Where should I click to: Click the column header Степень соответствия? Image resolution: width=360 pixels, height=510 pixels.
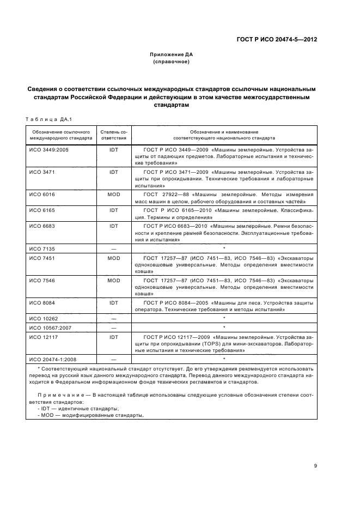114,135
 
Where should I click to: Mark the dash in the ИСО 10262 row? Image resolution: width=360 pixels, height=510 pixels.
114,317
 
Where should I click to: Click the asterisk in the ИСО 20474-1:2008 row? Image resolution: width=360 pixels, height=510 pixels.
224,359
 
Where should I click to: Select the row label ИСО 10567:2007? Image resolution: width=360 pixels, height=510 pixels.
48,328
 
